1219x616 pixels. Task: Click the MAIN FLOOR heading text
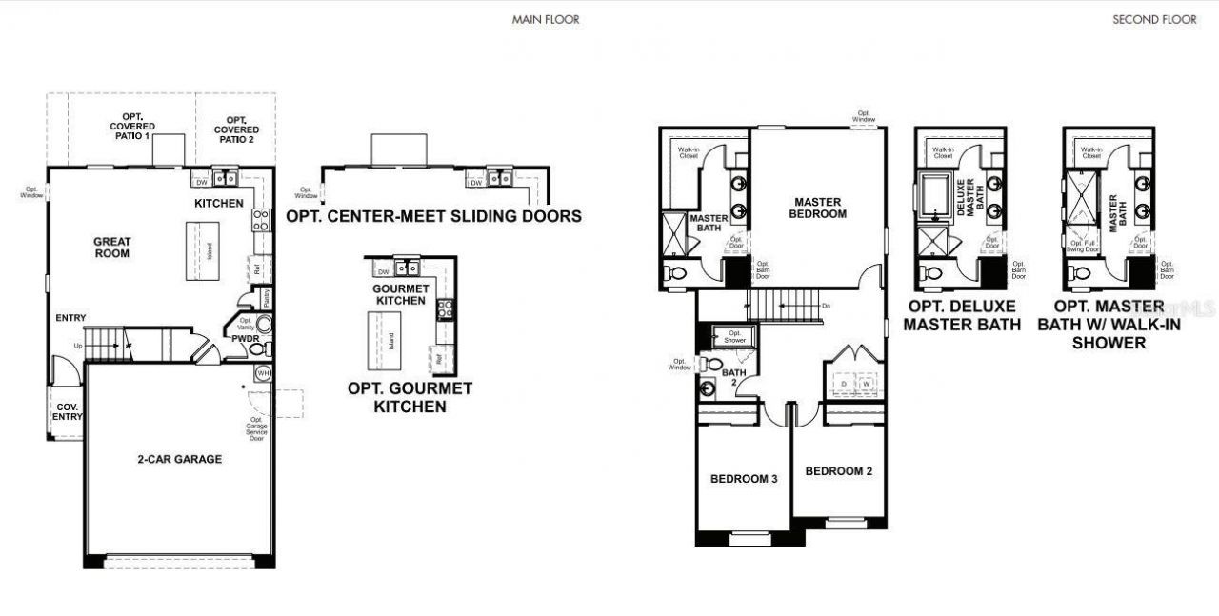click(x=545, y=19)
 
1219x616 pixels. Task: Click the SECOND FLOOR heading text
click(x=1154, y=19)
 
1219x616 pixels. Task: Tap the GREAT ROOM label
click(x=112, y=248)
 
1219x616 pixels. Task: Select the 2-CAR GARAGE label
click(x=180, y=459)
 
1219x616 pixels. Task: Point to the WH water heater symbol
click(x=264, y=373)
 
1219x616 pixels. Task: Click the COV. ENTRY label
click(x=67, y=411)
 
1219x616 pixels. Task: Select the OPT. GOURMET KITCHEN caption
click(x=410, y=397)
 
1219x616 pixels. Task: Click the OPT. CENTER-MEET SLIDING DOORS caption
click(x=433, y=216)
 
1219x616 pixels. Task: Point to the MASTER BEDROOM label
click(x=817, y=208)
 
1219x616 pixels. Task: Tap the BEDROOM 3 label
click(x=744, y=478)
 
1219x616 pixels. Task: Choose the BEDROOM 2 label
click(x=838, y=471)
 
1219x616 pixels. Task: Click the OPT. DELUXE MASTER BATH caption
click(x=962, y=315)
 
